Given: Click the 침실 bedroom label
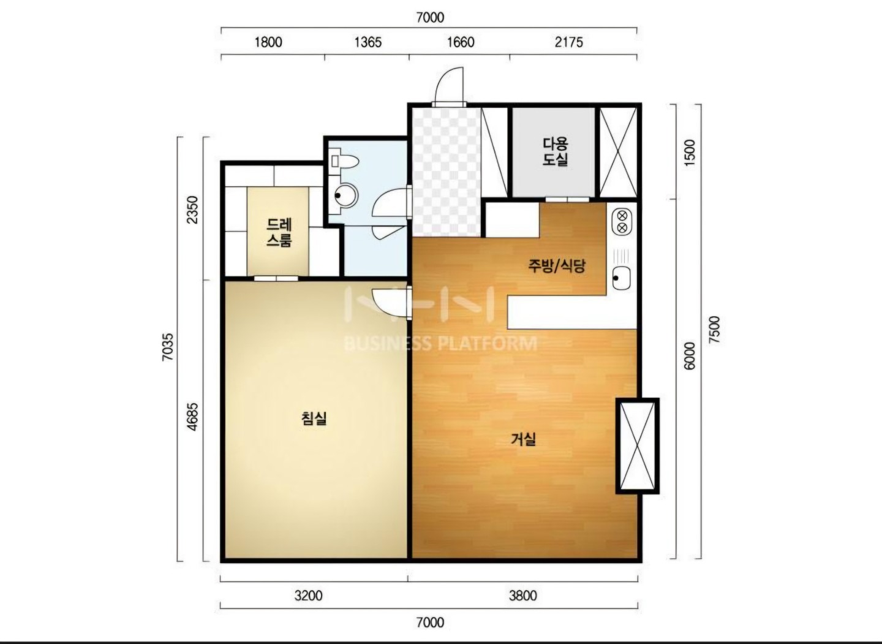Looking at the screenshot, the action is pos(314,418).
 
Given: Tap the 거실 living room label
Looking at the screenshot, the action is pos(523,439).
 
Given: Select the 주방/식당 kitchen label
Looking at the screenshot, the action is pos(557,267).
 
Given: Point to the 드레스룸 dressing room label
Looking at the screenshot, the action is pos(279,232).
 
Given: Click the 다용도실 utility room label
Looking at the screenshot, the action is pos(556,151).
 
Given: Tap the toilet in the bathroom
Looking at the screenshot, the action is pos(344,161).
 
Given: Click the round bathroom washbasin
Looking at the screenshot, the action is pos(346,195).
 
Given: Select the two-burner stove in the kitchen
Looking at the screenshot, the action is pos(622,222).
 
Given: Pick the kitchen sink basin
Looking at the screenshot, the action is pos(622,278).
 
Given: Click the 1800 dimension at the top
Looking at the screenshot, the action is pos(268,42).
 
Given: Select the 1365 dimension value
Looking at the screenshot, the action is pos(368,42).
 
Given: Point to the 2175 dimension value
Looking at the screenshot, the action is pos(568,42).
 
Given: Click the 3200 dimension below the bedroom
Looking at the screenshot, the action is pos(308,596).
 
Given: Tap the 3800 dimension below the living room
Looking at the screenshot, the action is pos(523,596).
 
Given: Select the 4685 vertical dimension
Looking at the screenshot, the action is pos(192,416).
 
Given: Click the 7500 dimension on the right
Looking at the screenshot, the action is pos(714,330).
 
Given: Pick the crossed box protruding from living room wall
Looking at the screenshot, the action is pos(638,446).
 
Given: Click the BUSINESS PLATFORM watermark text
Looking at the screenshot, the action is pos(440,344).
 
